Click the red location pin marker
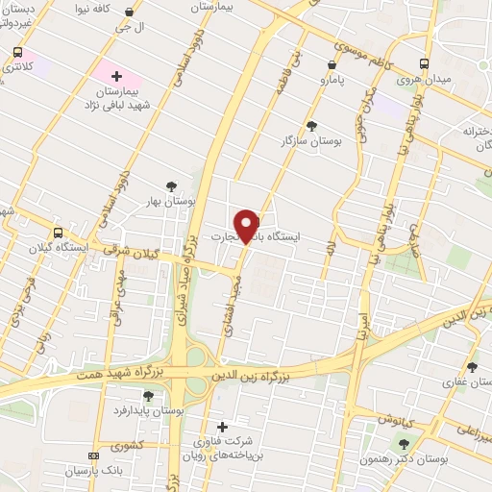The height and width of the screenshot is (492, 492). pyautogui.click(x=248, y=225)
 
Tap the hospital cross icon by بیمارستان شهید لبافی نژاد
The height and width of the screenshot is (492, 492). pyautogui.click(x=117, y=75)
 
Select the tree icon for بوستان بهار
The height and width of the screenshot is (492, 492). pyautogui.click(x=171, y=186)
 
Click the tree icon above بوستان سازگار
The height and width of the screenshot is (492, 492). pyautogui.click(x=310, y=125)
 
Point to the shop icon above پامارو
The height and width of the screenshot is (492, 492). pyautogui.click(x=332, y=64)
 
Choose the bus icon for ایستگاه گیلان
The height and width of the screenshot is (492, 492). pyautogui.click(x=59, y=233)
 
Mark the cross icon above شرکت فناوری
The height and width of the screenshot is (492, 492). pyautogui.click(x=223, y=426)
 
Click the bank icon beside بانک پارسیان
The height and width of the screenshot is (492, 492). pyautogui.click(x=92, y=455)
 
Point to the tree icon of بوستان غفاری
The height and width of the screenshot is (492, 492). pyautogui.click(x=471, y=366)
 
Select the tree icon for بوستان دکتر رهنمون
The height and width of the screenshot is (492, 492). pyautogui.click(x=404, y=443)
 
